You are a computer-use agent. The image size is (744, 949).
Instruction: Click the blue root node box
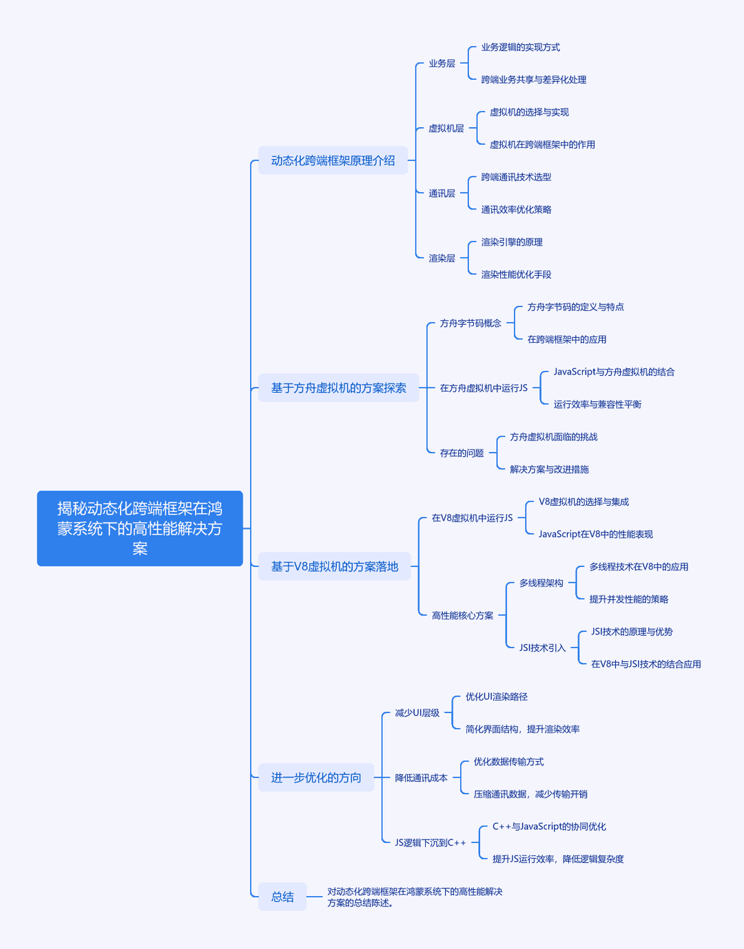click(x=140, y=528)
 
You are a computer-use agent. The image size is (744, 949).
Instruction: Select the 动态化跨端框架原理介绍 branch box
click(x=333, y=160)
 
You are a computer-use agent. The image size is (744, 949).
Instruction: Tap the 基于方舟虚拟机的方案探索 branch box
click(x=339, y=387)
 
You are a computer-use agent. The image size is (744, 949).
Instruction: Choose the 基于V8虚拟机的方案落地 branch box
click(x=334, y=566)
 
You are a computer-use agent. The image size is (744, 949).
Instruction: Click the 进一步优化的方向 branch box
click(x=316, y=777)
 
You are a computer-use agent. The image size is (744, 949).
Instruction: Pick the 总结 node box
click(x=282, y=897)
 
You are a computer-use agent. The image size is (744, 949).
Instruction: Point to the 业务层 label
click(x=442, y=63)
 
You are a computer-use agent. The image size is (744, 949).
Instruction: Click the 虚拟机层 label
click(x=446, y=129)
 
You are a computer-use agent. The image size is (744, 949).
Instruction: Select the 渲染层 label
click(x=442, y=258)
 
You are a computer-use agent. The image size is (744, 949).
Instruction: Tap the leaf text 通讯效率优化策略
click(x=516, y=210)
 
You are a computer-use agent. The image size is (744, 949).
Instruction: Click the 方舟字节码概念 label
click(x=471, y=323)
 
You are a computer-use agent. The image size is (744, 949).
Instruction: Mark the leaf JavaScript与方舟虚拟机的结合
click(x=614, y=372)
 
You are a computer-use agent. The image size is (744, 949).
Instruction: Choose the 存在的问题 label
click(x=462, y=453)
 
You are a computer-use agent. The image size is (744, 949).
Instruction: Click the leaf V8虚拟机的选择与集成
click(x=583, y=502)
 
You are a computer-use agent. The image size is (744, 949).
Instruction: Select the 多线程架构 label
click(x=541, y=583)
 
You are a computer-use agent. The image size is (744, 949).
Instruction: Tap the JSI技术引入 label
click(x=542, y=648)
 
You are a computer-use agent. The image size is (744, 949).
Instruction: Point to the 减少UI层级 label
click(x=417, y=713)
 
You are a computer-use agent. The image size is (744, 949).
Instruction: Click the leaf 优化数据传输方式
click(x=509, y=762)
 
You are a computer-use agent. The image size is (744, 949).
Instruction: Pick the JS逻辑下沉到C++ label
click(x=431, y=842)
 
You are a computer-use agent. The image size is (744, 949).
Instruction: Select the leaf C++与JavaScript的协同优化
click(x=549, y=827)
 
